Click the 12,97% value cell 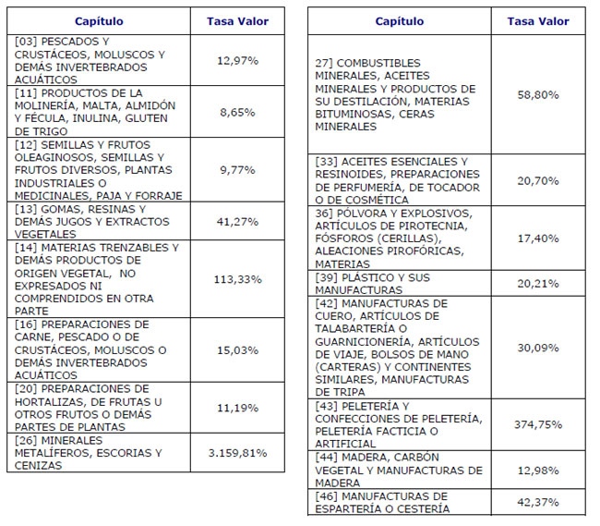point(237,60)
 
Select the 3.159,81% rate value point(237,453)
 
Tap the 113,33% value point(237,279)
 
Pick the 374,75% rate point(538,424)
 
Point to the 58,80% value point(538,94)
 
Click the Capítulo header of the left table point(99,21)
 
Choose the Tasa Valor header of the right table point(538,21)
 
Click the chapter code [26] point(26,440)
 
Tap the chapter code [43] point(327,406)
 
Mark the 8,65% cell point(237,112)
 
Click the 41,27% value point(237,222)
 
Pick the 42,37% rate point(538,502)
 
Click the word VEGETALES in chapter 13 point(45,234)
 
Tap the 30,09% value point(538,348)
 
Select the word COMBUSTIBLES point(378,63)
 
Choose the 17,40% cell point(538,239)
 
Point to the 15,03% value point(237,350)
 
